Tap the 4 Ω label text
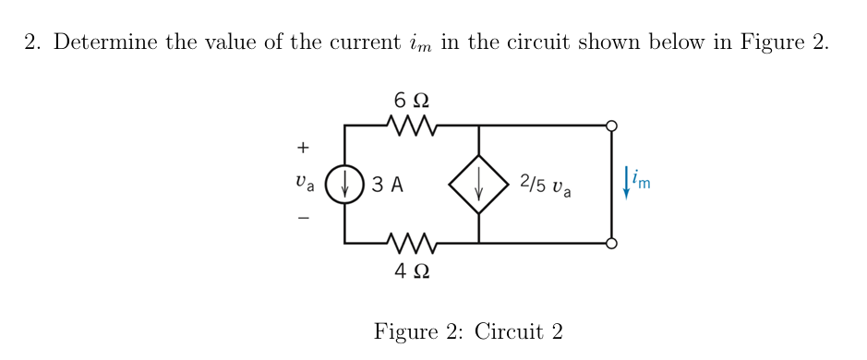pyautogui.click(x=410, y=271)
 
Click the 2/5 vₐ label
pyautogui.click(x=546, y=185)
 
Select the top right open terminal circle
pyautogui.click(x=611, y=125)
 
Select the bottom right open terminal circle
pyautogui.click(x=611, y=244)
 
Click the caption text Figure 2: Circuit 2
pyautogui.click(x=468, y=331)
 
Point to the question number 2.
pyautogui.click(x=30, y=43)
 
